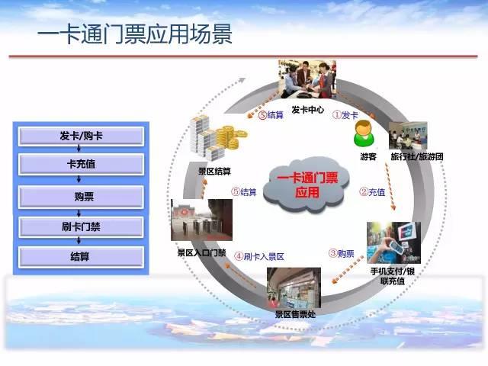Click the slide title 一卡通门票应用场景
pos(135,34)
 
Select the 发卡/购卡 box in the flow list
pos(81,136)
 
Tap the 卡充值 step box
pos(81,164)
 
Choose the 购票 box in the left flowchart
pos(81,197)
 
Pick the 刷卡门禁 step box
pos(81,227)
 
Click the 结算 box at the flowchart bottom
pos(81,257)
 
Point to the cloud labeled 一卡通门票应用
pos(307,185)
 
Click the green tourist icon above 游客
pos(364,134)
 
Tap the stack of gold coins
pos(230,137)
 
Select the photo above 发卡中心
pos(307,79)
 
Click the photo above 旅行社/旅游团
pos(408,136)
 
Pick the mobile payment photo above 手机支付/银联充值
pos(393,242)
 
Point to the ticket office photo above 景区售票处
pos(294,287)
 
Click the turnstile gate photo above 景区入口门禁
pos(201,220)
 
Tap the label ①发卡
pos(345,115)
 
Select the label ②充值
pos(372,192)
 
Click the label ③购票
pos(342,254)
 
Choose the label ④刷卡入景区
pos(259,256)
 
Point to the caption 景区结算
pos(215,171)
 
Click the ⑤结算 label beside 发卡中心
pos(271,115)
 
